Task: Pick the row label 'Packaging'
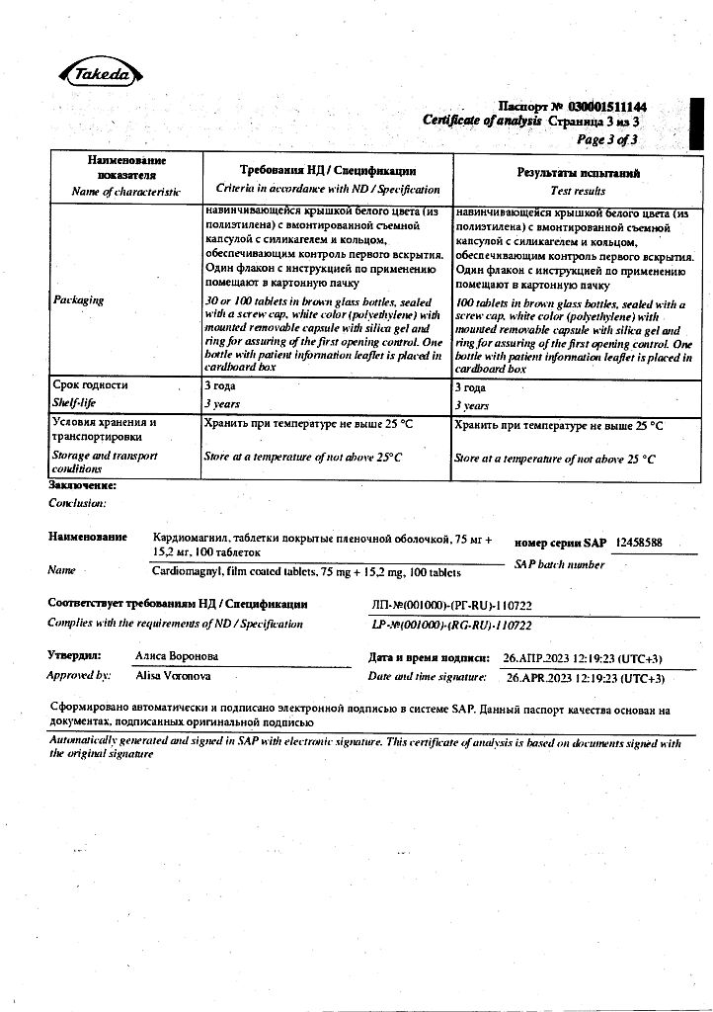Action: [x=78, y=299]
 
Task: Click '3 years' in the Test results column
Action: [x=471, y=405]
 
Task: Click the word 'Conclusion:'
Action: [x=76, y=503]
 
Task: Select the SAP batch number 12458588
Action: [x=638, y=543]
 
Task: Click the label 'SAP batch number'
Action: [x=559, y=564]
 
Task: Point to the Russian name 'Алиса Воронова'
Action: [x=177, y=656]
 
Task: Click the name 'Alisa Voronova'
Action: [x=173, y=676]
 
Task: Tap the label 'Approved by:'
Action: [x=78, y=676]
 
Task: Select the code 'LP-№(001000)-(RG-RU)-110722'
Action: [x=451, y=626]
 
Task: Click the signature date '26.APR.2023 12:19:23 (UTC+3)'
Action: [x=585, y=678]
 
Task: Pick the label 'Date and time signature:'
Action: [x=427, y=677]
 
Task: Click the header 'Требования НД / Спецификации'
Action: [x=328, y=171]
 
